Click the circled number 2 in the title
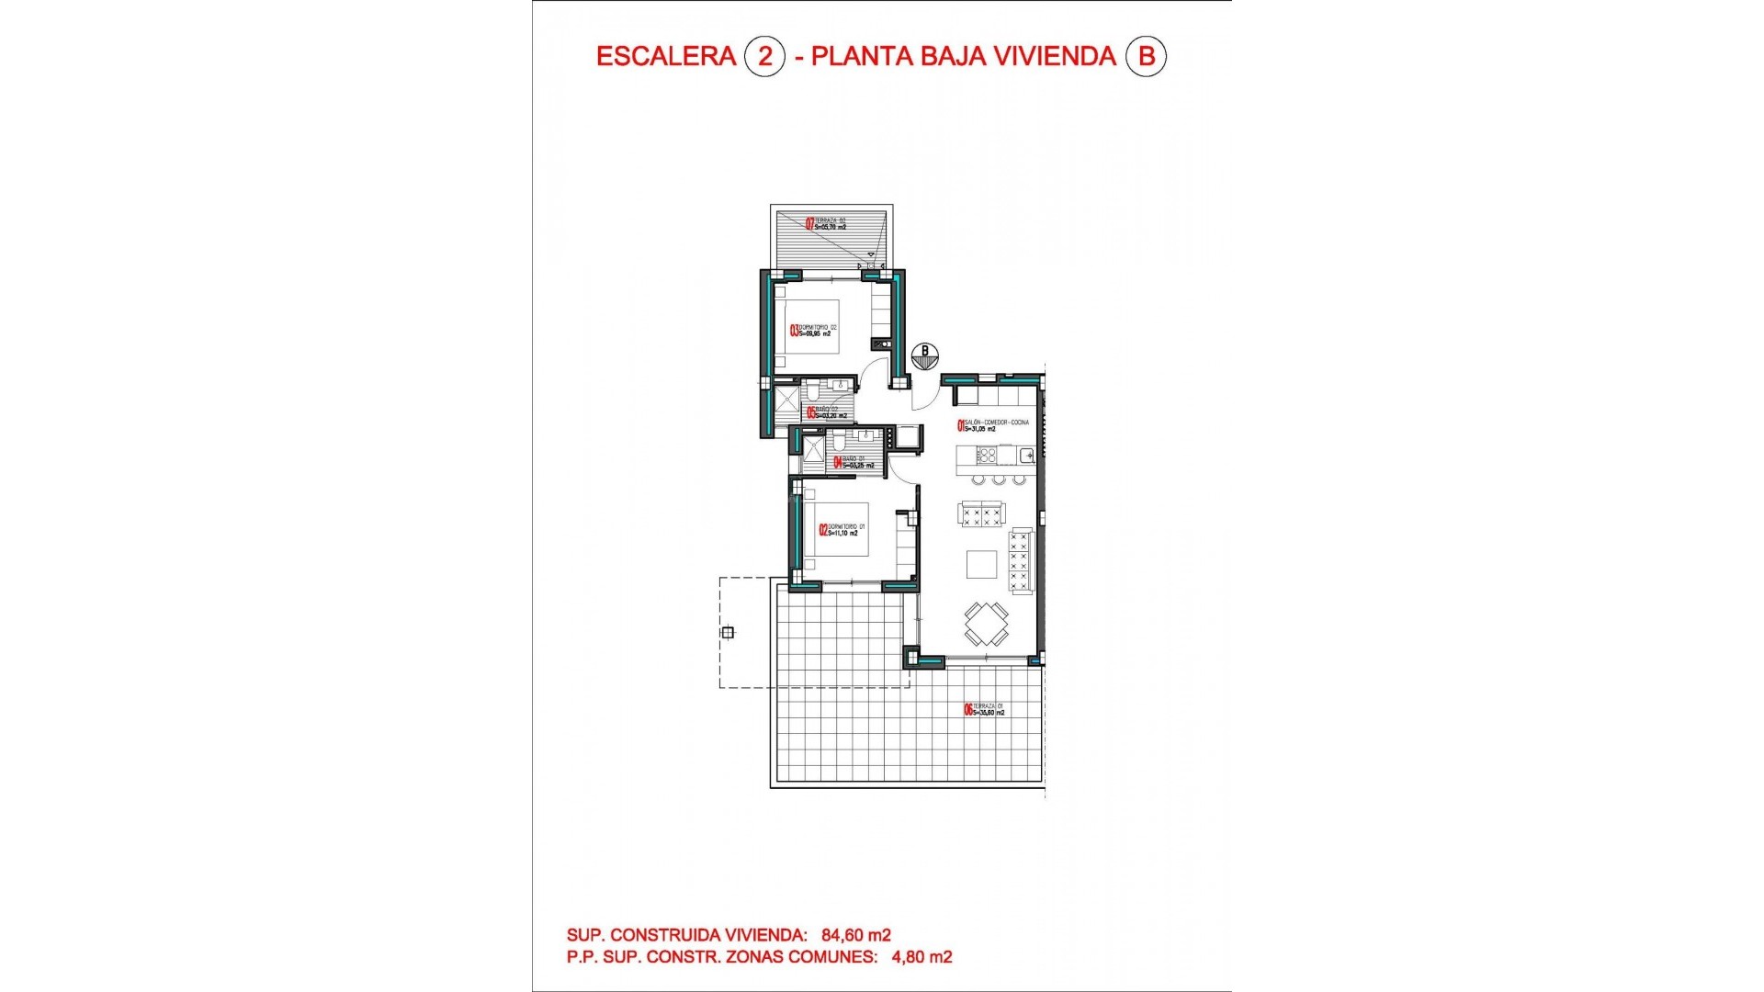pyautogui.click(x=764, y=57)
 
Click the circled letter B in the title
pyautogui.click(x=1146, y=57)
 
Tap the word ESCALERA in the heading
pyautogui.click(x=666, y=57)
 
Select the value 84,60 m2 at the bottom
pyautogui.click(x=856, y=935)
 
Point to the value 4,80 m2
pyautogui.click(x=922, y=957)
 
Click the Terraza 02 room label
pyautogui.click(x=826, y=223)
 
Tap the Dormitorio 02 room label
pyautogui.click(x=814, y=331)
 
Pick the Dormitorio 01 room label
pyautogui.click(x=842, y=530)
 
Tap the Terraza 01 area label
pyautogui.click(x=984, y=709)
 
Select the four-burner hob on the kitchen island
pyautogui.click(x=986, y=455)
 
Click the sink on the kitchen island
pyautogui.click(x=1026, y=455)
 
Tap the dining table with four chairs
pyautogui.click(x=986, y=624)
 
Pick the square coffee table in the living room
pyautogui.click(x=981, y=564)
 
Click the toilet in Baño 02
pyautogui.click(x=813, y=393)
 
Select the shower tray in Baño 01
pyautogui.click(x=814, y=449)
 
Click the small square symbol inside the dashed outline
pyautogui.click(x=728, y=632)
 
